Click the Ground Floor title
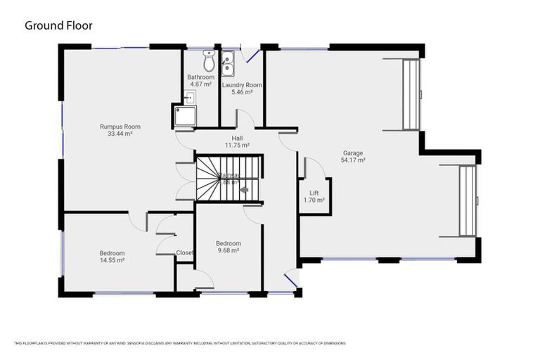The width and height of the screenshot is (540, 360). pyautogui.click(x=58, y=25)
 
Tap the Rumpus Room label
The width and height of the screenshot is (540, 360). pyautogui.click(x=120, y=127)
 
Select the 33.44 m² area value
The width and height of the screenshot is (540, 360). pyautogui.click(x=120, y=134)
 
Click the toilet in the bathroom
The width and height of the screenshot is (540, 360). pyautogui.click(x=208, y=56)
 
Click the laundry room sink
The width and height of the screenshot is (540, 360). pyautogui.click(x=228, y=63)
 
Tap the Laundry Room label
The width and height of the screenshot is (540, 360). pyautogui.click(x=241, y=85)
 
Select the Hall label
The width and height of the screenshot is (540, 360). pyautogui.click(x=237, y=138)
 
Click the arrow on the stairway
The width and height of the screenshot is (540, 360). pyautogui.click(x=244, y=189)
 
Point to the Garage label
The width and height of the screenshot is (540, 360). pyautogui.click(x=353, y=153)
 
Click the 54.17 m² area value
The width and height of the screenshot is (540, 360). pyautogui.click(x=353, y=160)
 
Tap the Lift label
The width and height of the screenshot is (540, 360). pyautogui.click(x=314, y=193)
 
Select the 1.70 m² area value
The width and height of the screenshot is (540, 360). pyautogui.click(x=314, y=200)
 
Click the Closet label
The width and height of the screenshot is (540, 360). pyautogui.click(x=185, y=252)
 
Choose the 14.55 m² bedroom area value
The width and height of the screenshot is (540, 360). pyautogui.click(x=112, y=260)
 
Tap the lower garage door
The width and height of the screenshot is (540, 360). pyautogui.click(x=468, y=200)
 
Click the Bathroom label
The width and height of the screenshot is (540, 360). pyautogui.click(x=200, y=77)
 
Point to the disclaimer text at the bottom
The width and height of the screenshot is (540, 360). pyautogui.click(x=180, y=343)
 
